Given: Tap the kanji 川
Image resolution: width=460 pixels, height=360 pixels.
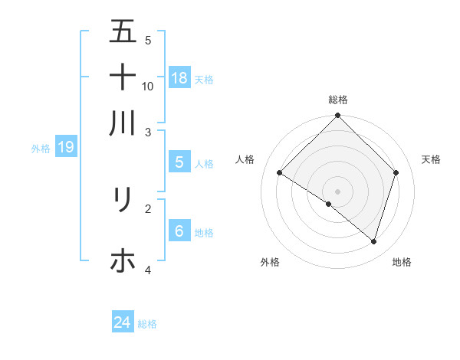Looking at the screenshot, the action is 123,122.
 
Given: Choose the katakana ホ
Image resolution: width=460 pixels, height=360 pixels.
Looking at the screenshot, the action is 123,261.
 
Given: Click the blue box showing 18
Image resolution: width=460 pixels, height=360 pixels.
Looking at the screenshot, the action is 179,77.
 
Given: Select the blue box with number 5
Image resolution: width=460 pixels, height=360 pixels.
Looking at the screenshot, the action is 179,162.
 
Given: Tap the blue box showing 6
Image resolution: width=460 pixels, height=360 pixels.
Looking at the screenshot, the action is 179,231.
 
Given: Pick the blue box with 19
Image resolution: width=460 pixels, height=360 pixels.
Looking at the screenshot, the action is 66,147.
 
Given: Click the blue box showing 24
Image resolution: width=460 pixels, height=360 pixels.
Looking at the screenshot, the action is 123,322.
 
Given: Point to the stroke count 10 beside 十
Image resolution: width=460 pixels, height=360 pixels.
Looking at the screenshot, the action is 148,86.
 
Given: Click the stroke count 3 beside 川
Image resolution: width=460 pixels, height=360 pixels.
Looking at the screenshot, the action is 148,132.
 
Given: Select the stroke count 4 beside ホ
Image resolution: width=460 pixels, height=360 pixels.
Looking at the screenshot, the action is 148,270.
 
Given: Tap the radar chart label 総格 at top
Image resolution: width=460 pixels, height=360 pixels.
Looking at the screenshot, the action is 338,100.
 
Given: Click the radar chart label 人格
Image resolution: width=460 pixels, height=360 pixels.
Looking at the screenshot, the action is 246,159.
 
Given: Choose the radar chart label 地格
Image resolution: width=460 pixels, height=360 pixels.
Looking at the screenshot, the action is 402,262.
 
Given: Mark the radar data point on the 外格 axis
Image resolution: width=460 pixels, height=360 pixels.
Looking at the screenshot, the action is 329,205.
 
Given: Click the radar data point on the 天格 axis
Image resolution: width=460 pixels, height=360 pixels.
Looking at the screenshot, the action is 396,173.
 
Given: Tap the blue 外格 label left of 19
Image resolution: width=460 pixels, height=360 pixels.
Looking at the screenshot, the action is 40,148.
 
